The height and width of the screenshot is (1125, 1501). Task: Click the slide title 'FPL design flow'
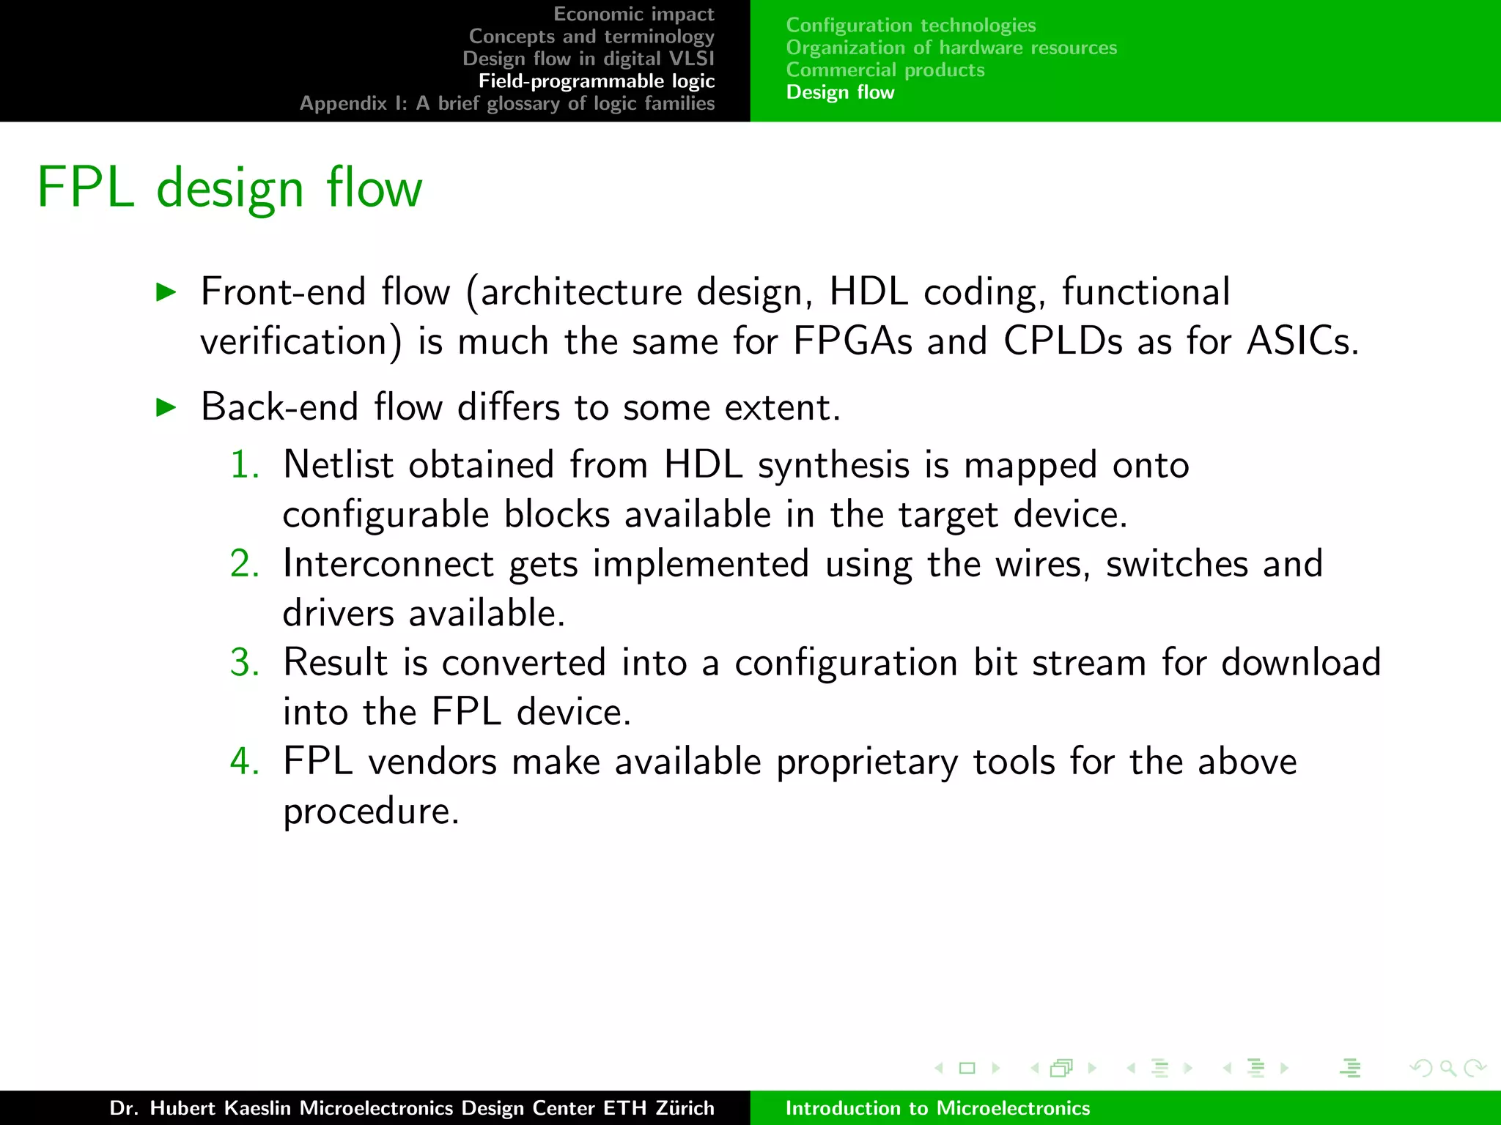pos(229,188)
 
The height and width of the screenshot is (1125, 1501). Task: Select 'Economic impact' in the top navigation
pos(633,14)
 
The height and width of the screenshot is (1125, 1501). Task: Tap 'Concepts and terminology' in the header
pos(591,37)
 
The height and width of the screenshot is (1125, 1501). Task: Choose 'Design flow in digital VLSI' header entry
pos(588,59)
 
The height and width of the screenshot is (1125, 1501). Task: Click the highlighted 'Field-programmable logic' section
pos(596,81)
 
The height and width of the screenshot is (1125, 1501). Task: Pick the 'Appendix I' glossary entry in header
pos(506,103)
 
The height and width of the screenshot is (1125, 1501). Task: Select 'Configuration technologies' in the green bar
pos(910,26)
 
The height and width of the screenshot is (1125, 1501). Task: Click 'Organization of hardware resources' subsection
pos(951,48)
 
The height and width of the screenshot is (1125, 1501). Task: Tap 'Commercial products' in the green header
pos(885,70)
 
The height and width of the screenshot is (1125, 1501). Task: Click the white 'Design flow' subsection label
pos(840,92)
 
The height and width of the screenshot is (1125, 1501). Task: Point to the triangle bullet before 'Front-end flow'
pos(167,293)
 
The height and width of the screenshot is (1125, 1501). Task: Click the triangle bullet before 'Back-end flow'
pos(167,408)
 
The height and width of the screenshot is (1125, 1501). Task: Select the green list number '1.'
pos(245,465)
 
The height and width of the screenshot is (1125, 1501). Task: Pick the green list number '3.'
pos(245,663)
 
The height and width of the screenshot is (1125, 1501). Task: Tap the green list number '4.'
pos(245,762)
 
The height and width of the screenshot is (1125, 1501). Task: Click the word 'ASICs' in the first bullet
pos(1302,341)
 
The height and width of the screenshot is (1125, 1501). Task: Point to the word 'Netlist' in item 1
pos(338,465)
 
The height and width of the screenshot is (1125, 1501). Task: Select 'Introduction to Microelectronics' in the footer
pos(937,1108)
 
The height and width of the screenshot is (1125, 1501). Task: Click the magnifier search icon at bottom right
pos(1447,1069)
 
